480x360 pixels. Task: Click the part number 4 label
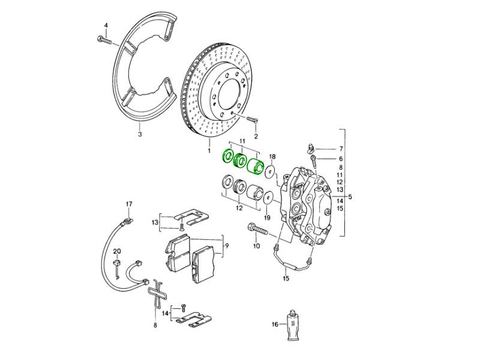[106, 25]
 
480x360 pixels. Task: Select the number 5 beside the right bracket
[352, 196]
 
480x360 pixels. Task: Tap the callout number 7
[341, 148]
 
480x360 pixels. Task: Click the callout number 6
[341, 158]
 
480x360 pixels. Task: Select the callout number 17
[128, 205]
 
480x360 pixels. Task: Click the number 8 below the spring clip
[155, 325]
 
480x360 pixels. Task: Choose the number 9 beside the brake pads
[226, 246]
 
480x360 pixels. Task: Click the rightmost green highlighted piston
[256, 165]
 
